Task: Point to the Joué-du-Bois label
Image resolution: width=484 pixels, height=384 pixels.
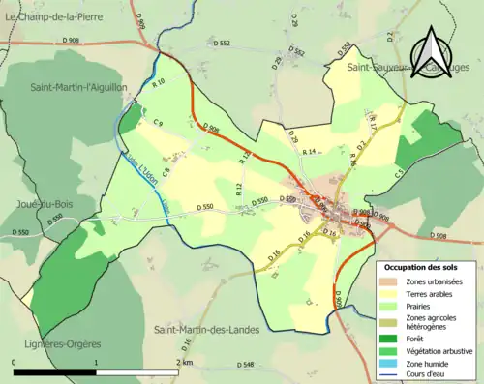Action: [x=41, y=203]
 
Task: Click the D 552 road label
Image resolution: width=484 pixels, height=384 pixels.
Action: [x=222, y=44]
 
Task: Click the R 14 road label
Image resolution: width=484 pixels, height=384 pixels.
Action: [x=310, y=152]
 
